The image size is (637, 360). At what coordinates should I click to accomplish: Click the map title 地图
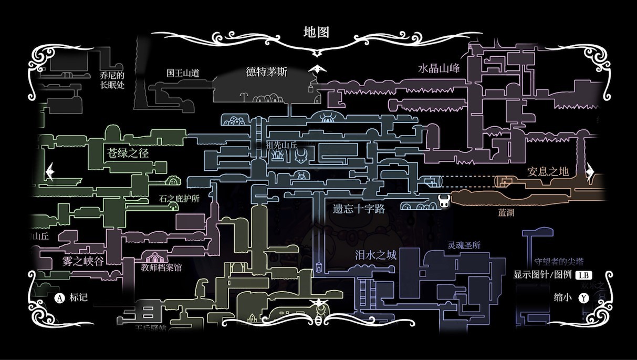(317, 32)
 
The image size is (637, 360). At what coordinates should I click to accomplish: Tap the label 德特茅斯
(267, 72)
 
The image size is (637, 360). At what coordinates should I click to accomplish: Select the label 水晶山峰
(439, 68)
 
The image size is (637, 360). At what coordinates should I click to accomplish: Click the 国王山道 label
(183, 73)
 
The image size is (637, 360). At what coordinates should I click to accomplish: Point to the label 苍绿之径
(128, 153)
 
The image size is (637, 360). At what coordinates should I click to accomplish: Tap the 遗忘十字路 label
(359, 209)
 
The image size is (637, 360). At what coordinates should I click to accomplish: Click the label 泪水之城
(375, 256)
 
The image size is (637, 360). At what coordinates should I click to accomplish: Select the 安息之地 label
(548, 171)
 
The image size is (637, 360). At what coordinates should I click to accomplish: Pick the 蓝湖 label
(507, 213)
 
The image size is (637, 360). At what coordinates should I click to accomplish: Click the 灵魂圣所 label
(464, 245)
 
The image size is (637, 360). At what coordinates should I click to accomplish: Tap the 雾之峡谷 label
(83, 261)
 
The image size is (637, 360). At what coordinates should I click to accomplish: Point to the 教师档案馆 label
(161, 268)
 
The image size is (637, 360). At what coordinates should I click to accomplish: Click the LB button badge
(582, 275)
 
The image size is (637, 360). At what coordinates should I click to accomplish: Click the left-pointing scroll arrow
(50, 172)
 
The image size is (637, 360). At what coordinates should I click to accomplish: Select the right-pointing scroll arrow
(589, 171)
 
